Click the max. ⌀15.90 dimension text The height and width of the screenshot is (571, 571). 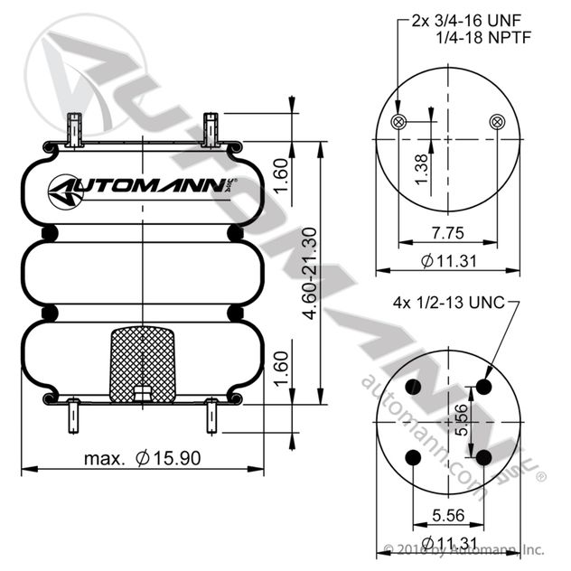(143, 458)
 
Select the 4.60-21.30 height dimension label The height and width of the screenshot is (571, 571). (310, 273)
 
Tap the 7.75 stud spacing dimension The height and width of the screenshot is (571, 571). (448, 233)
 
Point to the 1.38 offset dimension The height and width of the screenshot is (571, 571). (421, 169)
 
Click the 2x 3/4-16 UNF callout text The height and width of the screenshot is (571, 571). (466, 21)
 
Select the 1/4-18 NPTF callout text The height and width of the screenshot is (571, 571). (483, 38)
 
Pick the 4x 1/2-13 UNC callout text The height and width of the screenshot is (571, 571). (449, 303)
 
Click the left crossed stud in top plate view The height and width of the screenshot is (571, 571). (398, 122)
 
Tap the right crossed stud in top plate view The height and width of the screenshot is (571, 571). (497, 122)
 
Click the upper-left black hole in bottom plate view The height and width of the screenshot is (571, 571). (413, 387)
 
